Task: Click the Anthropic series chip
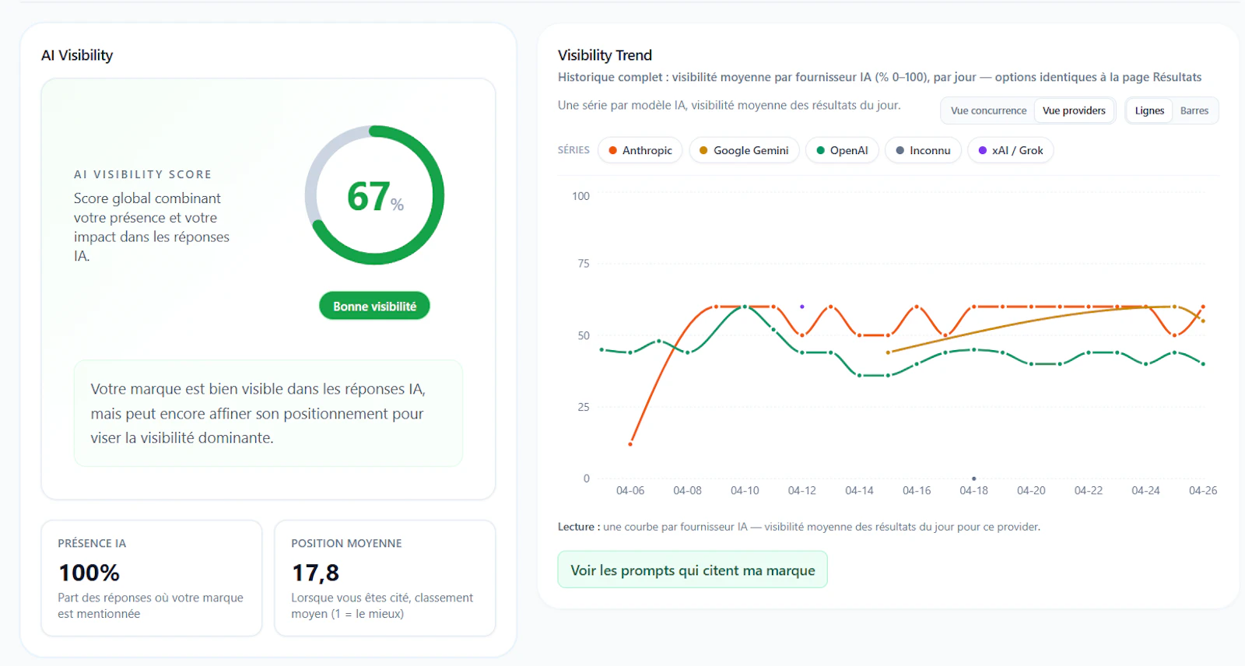click(640, 150)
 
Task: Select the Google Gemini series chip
click(744, 150)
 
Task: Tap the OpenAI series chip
click(842, 150)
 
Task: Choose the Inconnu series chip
click(923, 150)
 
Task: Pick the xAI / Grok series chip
click(1011, 150)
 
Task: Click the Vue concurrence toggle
click(988, 110)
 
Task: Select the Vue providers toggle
click(1074, 110)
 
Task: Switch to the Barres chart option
click(1194, 110)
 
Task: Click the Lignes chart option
click(1149, 110)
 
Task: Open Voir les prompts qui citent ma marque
click(693, 570)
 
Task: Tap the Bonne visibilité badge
click(374, 306)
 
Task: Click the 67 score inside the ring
click(367, 196)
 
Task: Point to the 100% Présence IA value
click(89, 573)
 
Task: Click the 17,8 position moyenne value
click(315, 573)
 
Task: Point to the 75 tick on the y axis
click(583, 264)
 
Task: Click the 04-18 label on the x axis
click(973, 490)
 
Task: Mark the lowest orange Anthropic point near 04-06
click(630, 444)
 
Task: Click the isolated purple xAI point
click(802, 307)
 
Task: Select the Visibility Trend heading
click(605, 55)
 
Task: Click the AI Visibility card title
click(77, 55)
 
